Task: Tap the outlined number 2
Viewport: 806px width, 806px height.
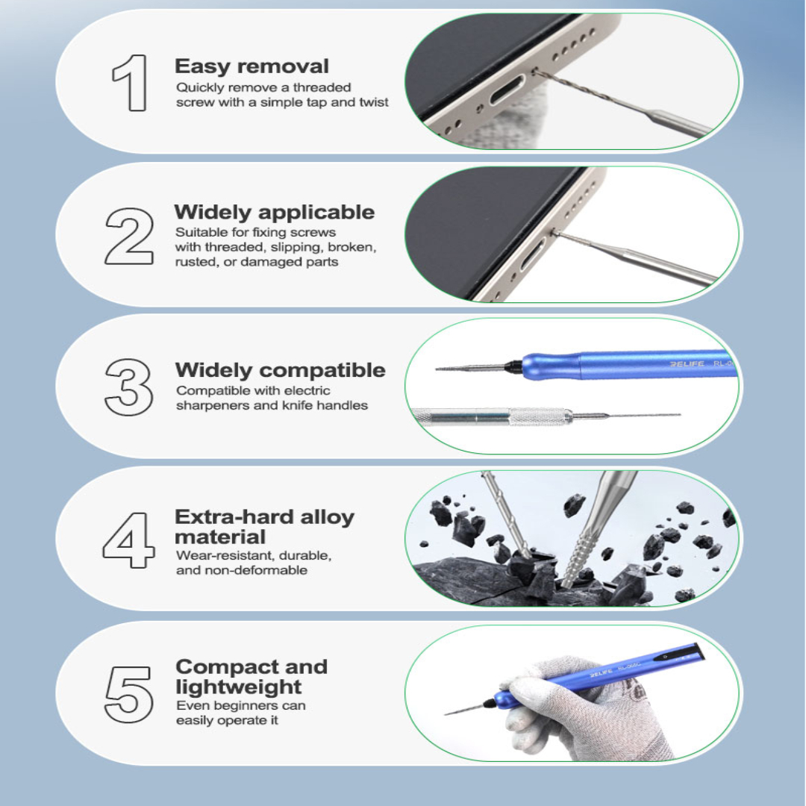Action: click(130, 236)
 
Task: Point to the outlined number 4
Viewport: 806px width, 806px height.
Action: click(129, 539)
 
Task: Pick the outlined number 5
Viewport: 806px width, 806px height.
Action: click(129, 693)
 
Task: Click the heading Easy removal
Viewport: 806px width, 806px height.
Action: click(252, 66)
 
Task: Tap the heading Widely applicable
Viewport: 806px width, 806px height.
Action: click(274, 213)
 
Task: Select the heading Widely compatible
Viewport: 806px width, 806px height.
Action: click(280, 370)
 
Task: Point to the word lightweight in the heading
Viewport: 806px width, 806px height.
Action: click(239, 687)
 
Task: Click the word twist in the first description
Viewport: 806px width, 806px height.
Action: click(375, 102)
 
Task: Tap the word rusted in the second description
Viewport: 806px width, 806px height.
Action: click(196, 262)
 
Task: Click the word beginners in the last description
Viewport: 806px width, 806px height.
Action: click(242, 705)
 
